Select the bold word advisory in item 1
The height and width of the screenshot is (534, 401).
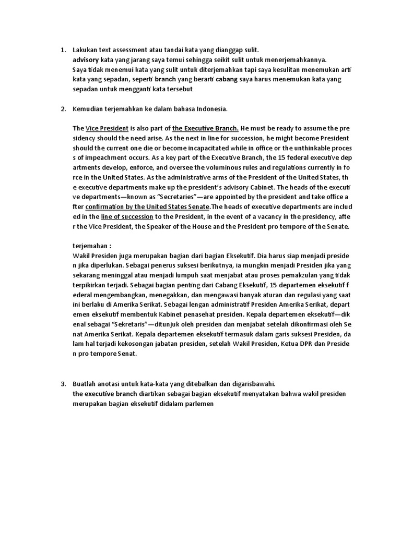point(86,60)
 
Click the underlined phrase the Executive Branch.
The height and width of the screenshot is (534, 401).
point(205,128)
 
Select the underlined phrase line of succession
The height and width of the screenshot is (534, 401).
point(127,216)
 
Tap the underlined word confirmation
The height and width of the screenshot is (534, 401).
point(103,207)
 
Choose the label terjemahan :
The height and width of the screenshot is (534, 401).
point(92,246)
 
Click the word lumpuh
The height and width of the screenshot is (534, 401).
point(184,276)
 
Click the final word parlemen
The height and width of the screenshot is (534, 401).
point(197,404)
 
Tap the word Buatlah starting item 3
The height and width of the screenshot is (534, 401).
point(85,384)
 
